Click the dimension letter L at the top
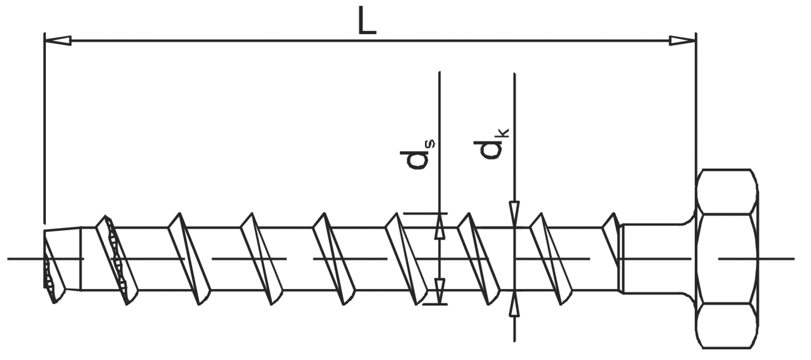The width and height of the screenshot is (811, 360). tap(367, 21)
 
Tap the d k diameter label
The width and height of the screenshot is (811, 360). tap(491, 144)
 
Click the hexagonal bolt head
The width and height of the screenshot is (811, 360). tap(727, 259)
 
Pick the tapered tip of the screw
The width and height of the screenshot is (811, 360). tap(62, 265)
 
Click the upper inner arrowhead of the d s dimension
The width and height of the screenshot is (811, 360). tap(440, 226)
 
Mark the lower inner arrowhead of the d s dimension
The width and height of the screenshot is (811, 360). tap(440, 291)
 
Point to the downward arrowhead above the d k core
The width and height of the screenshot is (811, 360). tap(514, 214)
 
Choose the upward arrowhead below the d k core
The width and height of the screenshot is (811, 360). tap(514, 303)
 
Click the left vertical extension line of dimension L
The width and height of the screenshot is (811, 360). tap(44, 129)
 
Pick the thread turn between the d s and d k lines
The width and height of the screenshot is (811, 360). tap(478, 259)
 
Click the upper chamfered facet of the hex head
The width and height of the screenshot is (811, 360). tap(727, 191)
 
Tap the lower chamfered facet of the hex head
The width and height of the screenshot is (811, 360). tap(727, 326)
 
